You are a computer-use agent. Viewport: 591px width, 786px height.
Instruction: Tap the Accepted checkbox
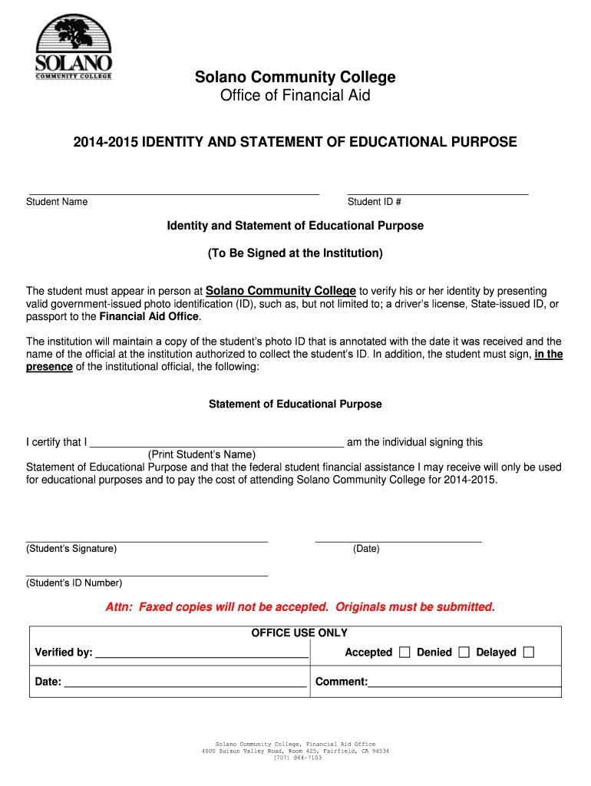405,652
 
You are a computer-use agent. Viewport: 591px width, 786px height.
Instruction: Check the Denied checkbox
464,652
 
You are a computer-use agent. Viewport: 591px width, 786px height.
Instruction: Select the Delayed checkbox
528,652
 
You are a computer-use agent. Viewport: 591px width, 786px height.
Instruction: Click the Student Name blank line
173,193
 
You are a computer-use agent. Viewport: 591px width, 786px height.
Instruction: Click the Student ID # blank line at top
437,193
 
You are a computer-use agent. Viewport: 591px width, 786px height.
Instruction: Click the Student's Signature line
147,541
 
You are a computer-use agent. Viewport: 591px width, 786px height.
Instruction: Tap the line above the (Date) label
398,541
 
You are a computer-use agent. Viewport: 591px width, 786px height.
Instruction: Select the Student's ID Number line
147,575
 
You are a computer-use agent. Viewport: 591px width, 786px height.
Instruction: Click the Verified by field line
201,657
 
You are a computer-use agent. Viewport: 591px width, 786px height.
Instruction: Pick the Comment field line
464,685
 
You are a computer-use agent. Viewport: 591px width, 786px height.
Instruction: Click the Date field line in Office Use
184,685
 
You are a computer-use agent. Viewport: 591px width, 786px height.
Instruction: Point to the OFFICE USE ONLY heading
299,633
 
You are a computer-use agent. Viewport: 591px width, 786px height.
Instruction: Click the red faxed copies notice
300,607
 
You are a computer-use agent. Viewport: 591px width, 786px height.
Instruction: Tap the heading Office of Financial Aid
295,96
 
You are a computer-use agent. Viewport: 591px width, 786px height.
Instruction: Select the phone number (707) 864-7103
295,758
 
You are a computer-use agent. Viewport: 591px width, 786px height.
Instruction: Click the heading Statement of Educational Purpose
295,404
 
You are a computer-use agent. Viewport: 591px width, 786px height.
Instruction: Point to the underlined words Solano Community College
281,291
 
